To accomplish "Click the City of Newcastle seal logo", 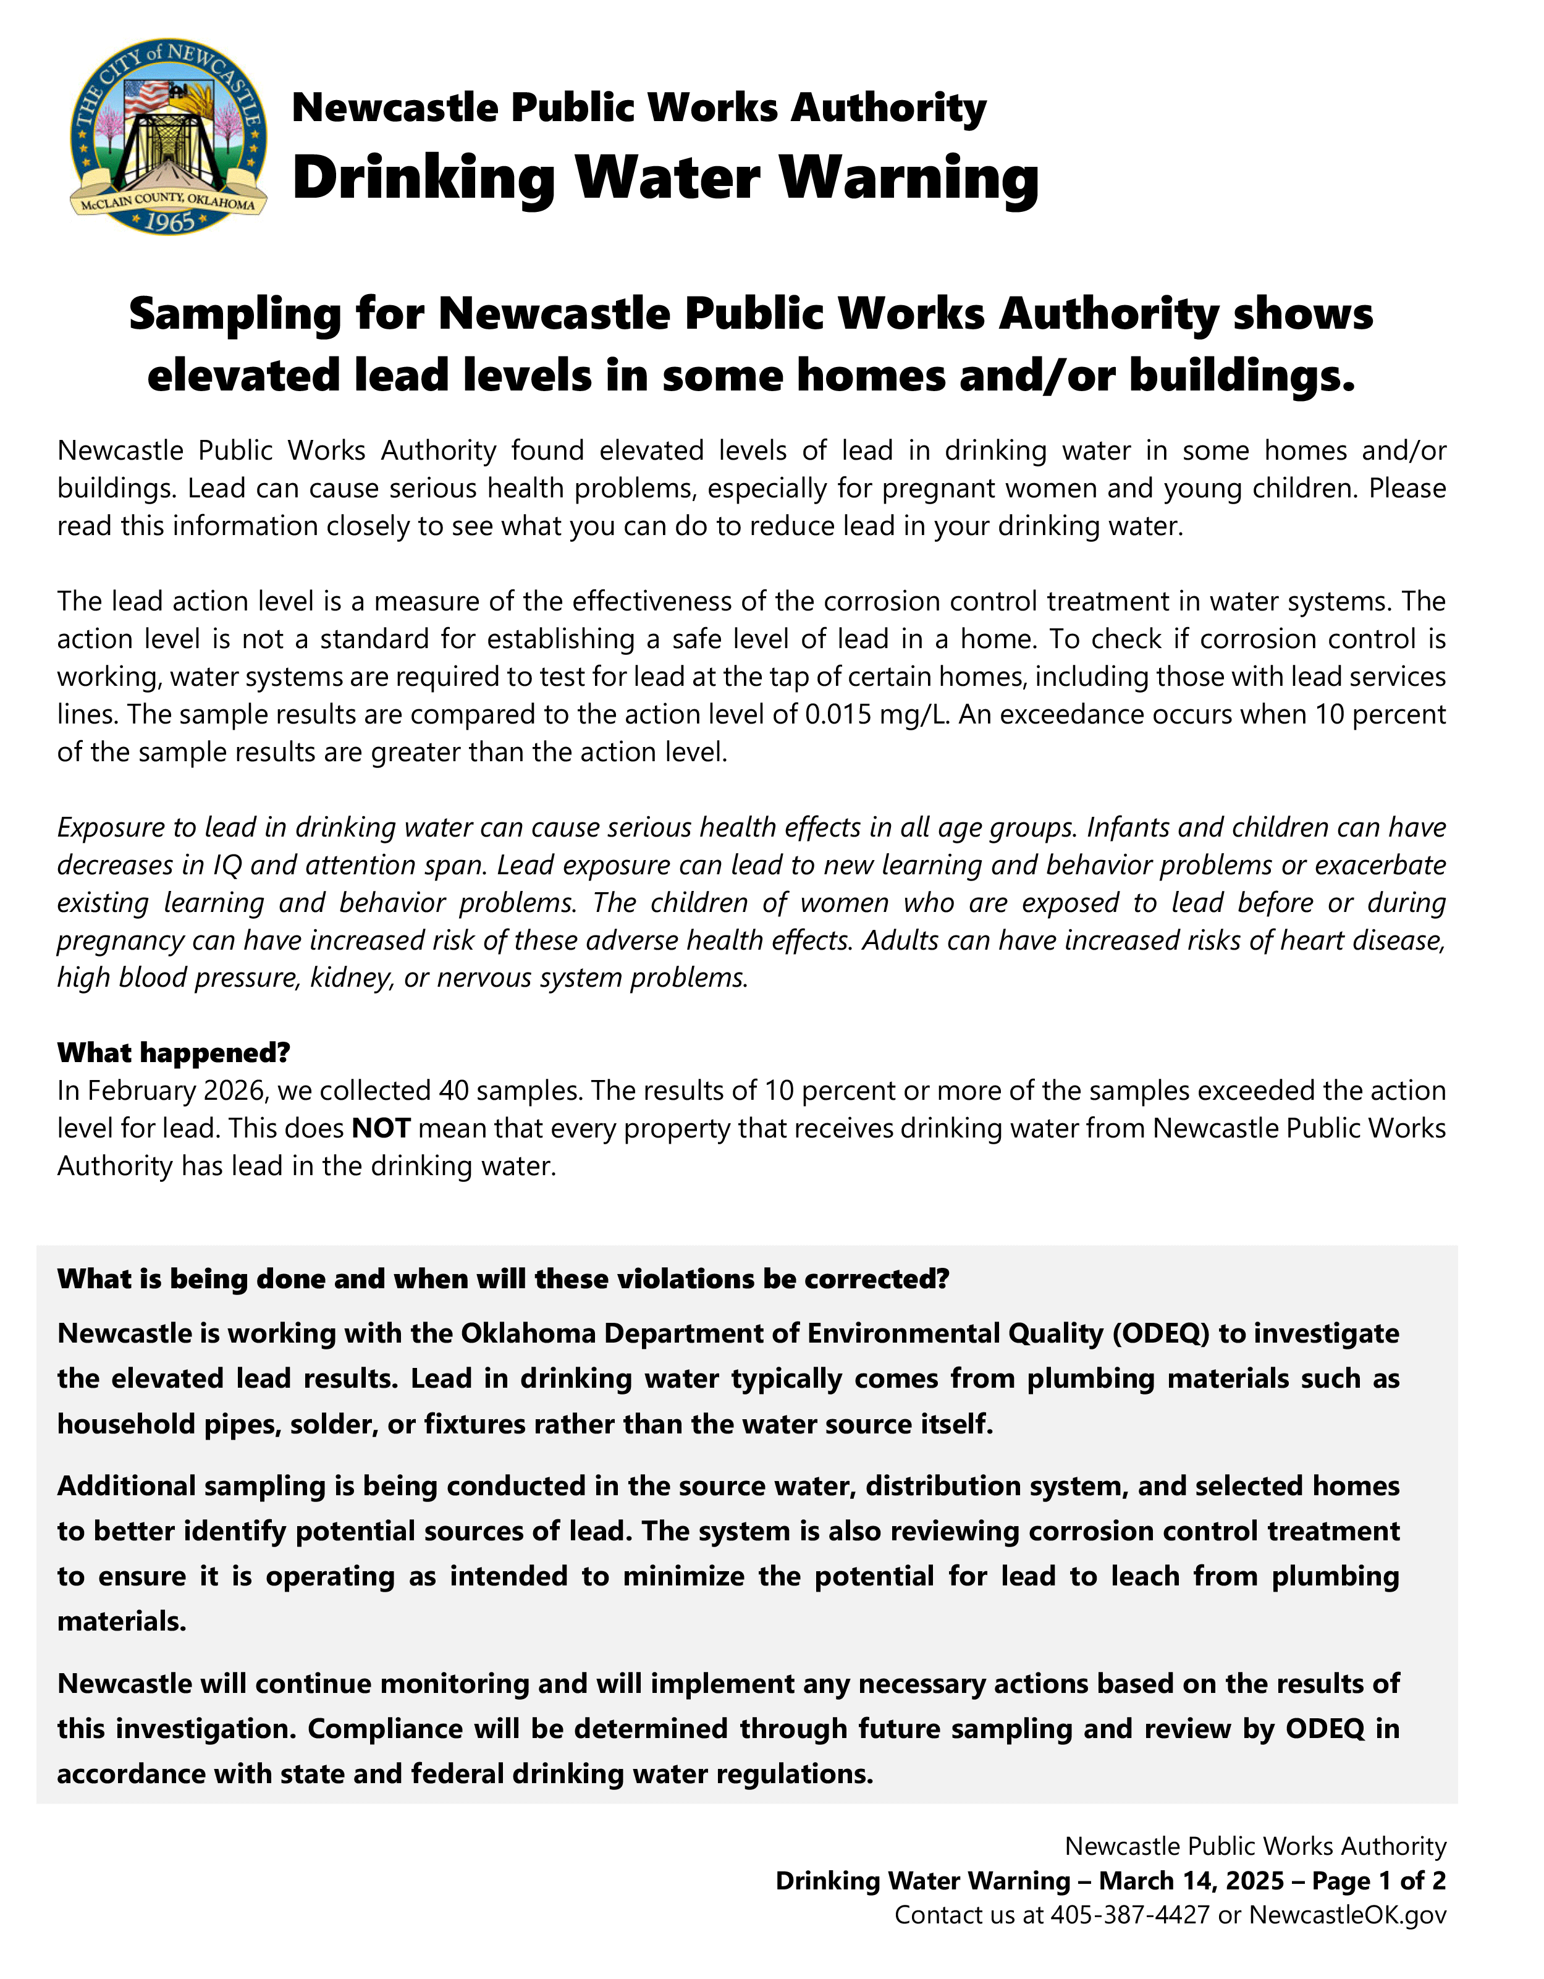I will tap(169, 136).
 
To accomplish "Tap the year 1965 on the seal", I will tap(169, 222).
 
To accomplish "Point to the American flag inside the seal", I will tap(145, 98).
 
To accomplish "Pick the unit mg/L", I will tap(913, 715).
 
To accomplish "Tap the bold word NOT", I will tap(381, 1128).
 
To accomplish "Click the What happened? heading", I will tap(173, 1053).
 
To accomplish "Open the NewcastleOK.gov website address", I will tap(1348, 1915).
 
